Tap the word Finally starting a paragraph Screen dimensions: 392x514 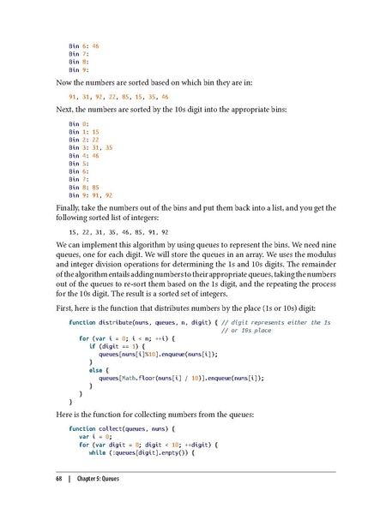point(69,208)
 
